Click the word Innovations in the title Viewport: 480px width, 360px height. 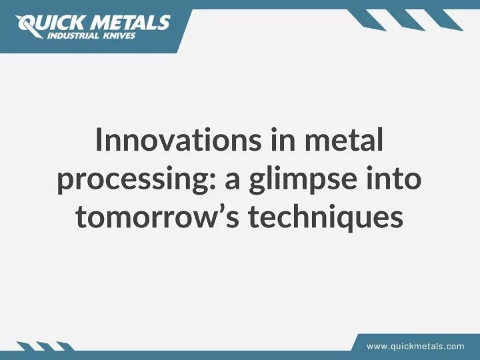(179, 139)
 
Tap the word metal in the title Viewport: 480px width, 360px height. (344, 139)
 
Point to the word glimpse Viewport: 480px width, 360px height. (303, 179)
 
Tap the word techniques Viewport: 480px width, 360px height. (326, 217)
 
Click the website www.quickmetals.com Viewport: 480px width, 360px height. (415, 347)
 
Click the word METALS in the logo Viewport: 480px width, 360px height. (131, 23)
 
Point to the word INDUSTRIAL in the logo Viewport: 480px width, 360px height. (73, 36)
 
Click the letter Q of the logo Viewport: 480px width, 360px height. (27, 25)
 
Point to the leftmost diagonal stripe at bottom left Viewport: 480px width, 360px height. (25, 346)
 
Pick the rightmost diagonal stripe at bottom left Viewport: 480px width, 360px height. (65, 346)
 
